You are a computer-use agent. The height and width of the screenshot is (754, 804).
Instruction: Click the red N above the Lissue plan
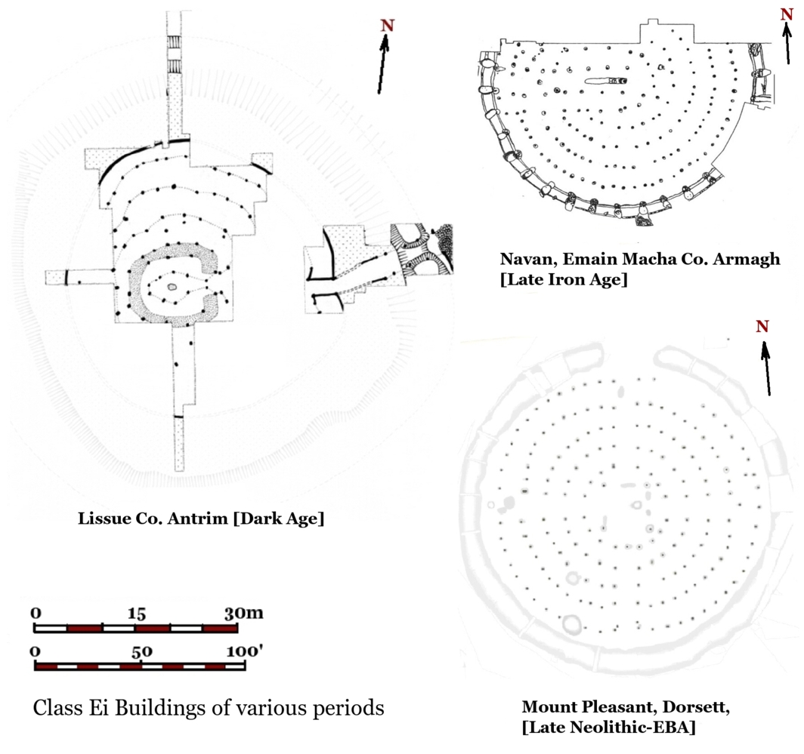[387, 26]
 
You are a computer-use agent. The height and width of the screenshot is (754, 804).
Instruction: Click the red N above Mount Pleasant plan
[762, 326]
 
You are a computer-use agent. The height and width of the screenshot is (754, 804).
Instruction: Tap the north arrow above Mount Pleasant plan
[767, 370]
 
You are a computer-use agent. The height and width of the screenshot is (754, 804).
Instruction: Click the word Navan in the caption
[524, 260]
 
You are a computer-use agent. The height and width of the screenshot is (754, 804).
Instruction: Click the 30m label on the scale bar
[243, 612]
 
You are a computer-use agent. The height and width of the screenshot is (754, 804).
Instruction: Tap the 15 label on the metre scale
[137, 612]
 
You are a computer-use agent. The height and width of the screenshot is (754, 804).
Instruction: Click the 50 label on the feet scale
[141, 651]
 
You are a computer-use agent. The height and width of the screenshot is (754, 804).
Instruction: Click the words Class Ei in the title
[70, 709]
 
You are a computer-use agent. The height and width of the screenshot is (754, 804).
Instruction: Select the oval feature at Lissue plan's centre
[172, 287]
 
